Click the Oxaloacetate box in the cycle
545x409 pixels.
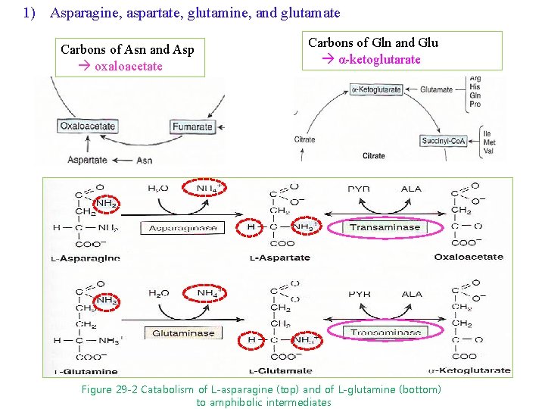pos(88,126)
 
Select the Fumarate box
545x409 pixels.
pos(193,126)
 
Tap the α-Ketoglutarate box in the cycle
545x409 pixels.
pos(377,89)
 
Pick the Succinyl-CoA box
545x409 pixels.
pos(443,140)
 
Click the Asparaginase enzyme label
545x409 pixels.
pos(183,228)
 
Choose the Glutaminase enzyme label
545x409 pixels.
pos(183,333)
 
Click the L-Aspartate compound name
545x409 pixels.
pos(279,258)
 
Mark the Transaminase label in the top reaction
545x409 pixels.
pos(385,226)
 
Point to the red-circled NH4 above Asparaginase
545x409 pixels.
pos(209,188)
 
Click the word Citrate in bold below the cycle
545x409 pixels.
pos(373,156)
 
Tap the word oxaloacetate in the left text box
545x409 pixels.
pos(129,66)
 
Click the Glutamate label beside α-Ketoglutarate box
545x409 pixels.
pos(436,89)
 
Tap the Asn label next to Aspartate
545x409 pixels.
pos(144,160)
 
